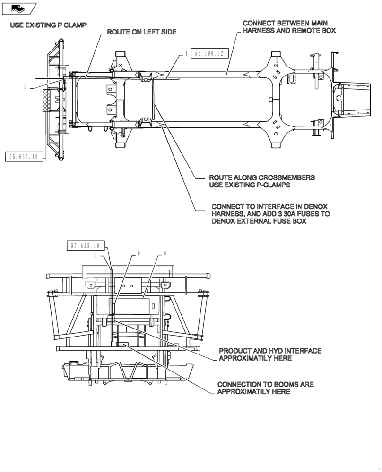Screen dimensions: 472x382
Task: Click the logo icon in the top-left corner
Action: click(19, 8)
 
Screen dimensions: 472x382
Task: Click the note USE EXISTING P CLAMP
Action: click(48, 25)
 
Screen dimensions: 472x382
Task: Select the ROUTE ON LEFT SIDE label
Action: click(141, 32)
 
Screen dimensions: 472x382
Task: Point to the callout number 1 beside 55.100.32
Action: click(187, 54)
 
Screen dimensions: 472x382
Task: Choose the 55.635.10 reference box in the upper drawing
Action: click(24, 157)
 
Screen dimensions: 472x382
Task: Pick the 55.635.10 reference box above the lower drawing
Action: click(85, 245)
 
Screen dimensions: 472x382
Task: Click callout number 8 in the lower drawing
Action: click(139, 253)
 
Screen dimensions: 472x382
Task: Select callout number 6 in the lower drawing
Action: click(165, 253)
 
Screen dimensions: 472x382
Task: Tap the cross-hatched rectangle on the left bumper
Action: click(46, 100)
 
